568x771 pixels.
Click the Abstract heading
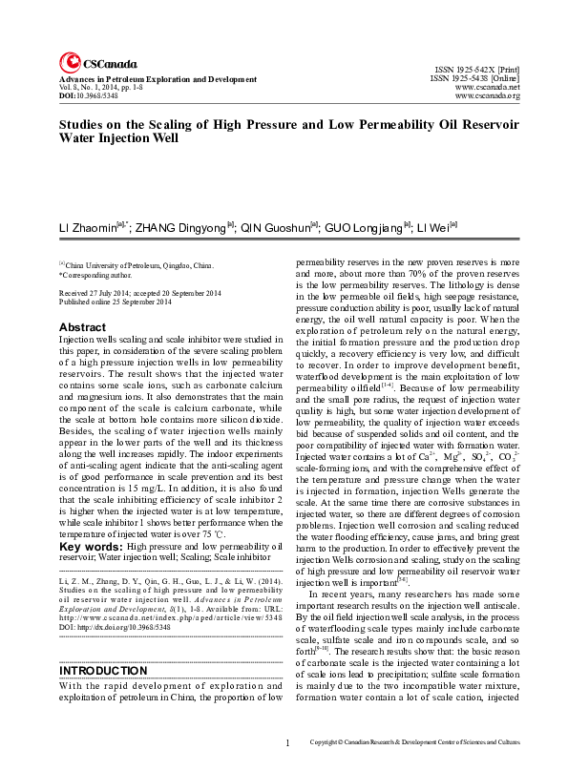click(x=83, y=327)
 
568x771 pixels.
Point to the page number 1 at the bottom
click(x=288, y=743)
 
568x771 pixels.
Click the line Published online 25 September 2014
click(x=116, y=302)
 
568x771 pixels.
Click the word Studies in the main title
click(x=84, y=124)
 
